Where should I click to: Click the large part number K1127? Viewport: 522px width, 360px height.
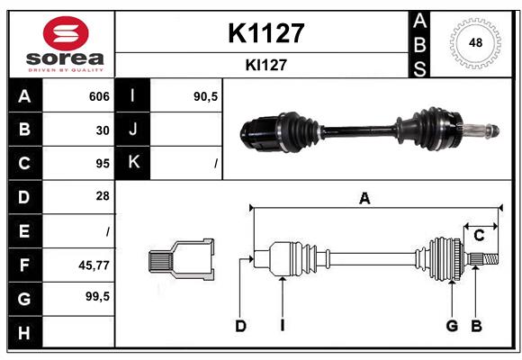point(265,33)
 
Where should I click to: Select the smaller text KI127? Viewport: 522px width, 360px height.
point(265,66)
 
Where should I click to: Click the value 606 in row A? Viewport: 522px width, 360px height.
point(98,96)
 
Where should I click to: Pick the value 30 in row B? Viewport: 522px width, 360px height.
point(103,130)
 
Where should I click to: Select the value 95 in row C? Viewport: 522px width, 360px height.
point(103,163)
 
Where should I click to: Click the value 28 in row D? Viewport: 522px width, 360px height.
point(103,195)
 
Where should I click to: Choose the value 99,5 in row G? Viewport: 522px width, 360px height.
point(97,295)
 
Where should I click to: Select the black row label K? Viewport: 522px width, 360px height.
point(133,163)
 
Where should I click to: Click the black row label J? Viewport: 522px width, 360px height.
point(133,130)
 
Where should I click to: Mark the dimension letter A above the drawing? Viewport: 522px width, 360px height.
point(364,198)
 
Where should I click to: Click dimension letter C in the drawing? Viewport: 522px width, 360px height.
point(479,235)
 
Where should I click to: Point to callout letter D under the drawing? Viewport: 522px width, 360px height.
point(240,326)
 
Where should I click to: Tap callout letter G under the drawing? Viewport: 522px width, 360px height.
point(452,326)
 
